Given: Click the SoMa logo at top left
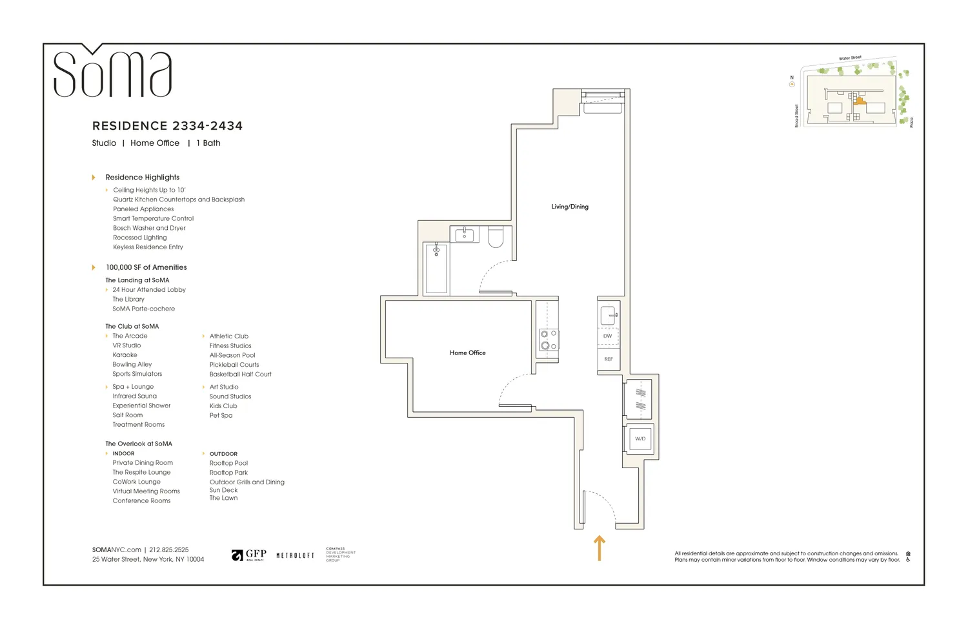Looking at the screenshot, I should point(112,73).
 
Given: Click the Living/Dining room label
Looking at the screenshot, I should point(569,207).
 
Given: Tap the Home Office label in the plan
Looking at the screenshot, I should point(467,353).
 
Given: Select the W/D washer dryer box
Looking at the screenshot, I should point(640,439).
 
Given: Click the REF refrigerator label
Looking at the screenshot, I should point(609,359).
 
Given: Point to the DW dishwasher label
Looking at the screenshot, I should point(607,336).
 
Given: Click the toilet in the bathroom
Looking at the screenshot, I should point(496,237).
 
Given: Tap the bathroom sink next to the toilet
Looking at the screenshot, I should point(465,234).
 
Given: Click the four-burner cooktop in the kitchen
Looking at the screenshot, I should point(549,340).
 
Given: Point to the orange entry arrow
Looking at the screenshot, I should point(600,548).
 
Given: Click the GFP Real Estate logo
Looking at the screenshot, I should point(249,555).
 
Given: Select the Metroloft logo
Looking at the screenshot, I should point(295,555).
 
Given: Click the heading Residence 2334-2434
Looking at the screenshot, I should point(167,126).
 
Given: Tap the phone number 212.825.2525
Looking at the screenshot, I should point(169,550).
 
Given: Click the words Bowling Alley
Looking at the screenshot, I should point(132,364).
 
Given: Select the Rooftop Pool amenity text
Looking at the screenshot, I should point(228,463).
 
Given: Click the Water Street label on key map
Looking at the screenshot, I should point(850,58).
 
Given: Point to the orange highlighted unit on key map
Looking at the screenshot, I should point(860,101).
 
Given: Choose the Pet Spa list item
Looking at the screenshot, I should point(221,415).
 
